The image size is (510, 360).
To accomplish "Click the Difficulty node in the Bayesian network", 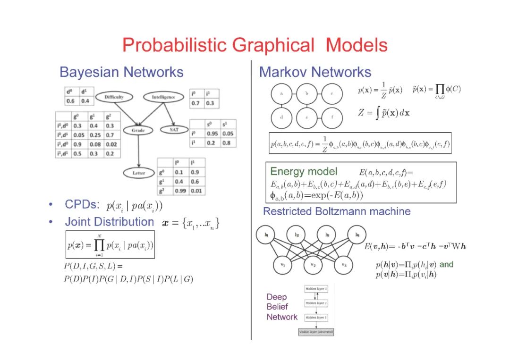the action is click(114, 97).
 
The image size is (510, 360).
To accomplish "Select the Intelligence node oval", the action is click(163, 97).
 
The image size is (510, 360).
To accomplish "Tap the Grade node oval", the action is click(138, 130).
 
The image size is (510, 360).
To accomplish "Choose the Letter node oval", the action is click(138, 173).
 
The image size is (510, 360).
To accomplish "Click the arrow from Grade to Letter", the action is click(138, 151).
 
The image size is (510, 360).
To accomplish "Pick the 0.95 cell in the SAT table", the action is click(212, 134).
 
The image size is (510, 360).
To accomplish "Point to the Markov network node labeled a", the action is click(281, 93).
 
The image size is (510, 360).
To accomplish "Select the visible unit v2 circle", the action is click(313, 266).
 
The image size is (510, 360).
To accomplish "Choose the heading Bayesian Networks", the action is click(121, 72).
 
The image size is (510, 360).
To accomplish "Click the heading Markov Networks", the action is click(315, 72).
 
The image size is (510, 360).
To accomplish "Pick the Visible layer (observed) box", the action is click(316, 332).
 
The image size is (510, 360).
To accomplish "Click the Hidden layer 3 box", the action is click(316, 288).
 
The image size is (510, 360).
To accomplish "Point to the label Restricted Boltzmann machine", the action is click(336, 211).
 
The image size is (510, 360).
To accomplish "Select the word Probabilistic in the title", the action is click(175, 45).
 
